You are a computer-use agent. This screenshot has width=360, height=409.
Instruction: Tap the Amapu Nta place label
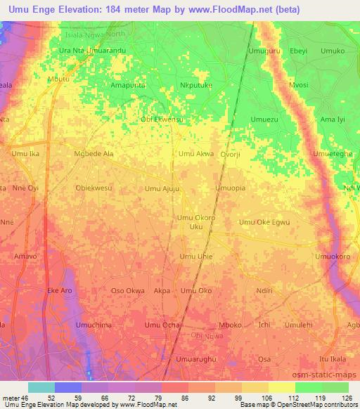[x=128, y=85]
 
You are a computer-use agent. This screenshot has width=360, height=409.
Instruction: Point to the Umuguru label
[x=264, y=51]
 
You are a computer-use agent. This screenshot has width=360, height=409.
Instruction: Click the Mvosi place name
[x=298, y=85]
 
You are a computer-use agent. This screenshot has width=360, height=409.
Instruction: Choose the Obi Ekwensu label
[x=162, y=119]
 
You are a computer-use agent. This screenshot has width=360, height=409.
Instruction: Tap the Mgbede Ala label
[x=94, y=153]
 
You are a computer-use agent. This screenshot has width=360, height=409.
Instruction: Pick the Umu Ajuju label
[x=162, y=188]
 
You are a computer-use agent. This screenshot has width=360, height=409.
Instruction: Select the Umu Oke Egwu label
[x=264, y=222]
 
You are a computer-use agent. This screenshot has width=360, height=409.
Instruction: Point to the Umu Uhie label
[x=196, y=257]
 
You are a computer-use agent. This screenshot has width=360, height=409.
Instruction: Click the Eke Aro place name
[x=60, y=290]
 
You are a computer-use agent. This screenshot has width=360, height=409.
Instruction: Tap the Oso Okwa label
[x=128, y=290]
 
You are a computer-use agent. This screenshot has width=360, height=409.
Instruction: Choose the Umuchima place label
[x=94, y=325]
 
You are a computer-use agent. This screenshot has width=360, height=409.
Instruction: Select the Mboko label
[x=231, y=325]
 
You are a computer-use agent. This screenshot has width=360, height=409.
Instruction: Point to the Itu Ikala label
[x=333, y=359]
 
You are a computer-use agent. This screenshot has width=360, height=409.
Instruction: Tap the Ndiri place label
[x=264, y=290]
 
